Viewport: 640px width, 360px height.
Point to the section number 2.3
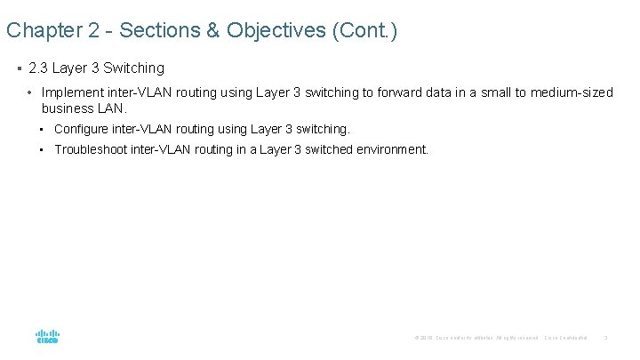pyautogui.click(x=40, y=68)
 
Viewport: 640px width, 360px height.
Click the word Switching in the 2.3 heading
pyautogui.click(x=134, y=68)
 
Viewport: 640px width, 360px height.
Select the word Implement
pyautogui.click(x=72, y=92)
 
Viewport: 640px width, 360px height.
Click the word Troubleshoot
pyautogui.click(x=91, y=149)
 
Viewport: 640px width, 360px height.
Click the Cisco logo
pyautogui.click(x=47, y=337)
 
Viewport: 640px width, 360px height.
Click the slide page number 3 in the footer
pyautogui.click(x=605, y=338)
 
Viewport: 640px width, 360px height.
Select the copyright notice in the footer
pyautogui.click(x=476, y=338)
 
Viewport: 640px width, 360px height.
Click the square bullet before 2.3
pyautogui.click(x=19, y=68)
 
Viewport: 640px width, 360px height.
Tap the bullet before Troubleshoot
pyautogui.click(x=43, y=149)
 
